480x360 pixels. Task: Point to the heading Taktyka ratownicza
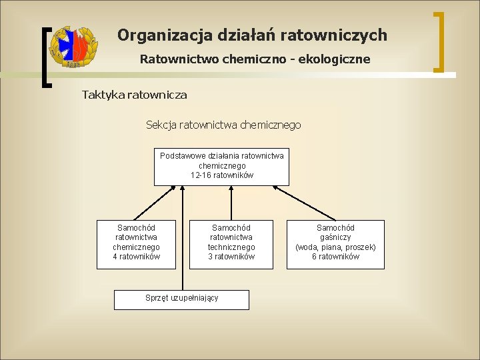135,95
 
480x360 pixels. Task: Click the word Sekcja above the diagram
163,125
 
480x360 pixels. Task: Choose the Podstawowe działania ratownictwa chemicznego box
221,166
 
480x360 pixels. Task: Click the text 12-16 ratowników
221,175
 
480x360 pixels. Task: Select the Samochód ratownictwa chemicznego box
136,245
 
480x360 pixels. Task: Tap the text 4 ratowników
136,257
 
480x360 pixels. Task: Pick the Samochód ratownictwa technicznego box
231,245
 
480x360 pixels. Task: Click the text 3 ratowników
231,257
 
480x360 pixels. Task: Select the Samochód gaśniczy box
335,245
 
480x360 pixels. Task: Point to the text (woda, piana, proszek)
335,247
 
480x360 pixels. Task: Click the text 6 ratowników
335,257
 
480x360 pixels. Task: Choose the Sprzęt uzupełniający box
181,299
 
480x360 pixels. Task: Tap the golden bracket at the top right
440,41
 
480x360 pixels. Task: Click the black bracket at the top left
45,57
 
